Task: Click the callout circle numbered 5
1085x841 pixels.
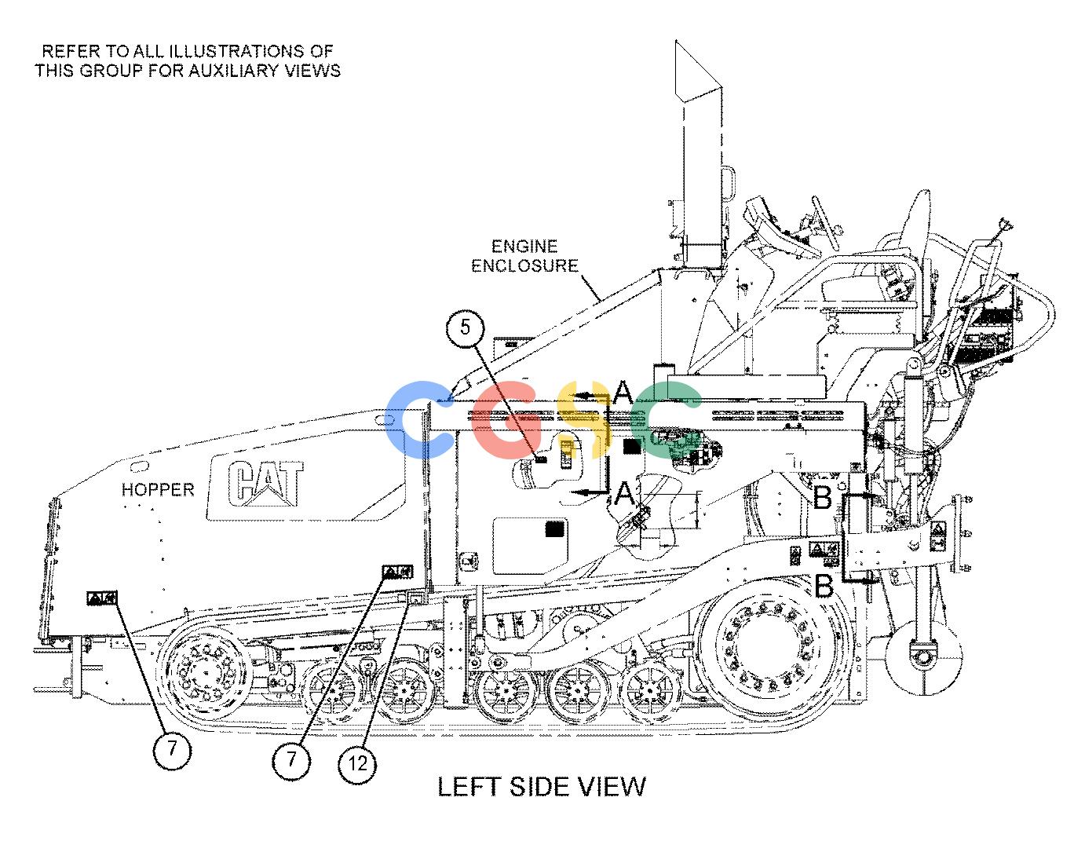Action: tap(465, 327)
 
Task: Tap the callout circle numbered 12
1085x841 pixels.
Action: tap(357, 763)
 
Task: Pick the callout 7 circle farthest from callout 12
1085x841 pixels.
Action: tap(172, 749)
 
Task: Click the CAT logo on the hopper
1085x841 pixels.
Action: tap(265, 483)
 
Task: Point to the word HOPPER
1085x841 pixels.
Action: tap(158, 489)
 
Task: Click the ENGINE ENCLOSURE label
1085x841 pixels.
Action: tap(524, 256)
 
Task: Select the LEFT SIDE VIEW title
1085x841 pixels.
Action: tap(542, 787)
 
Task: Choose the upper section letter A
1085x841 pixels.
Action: tap(623, 393)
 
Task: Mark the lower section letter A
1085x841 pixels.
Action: tap(624, 494)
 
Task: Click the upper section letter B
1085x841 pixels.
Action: tap(823, 497)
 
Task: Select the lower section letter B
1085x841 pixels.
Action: tap(824, 587)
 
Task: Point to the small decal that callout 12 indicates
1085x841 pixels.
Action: tap(416, 598)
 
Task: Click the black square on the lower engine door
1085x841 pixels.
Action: tap(555, 528)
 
